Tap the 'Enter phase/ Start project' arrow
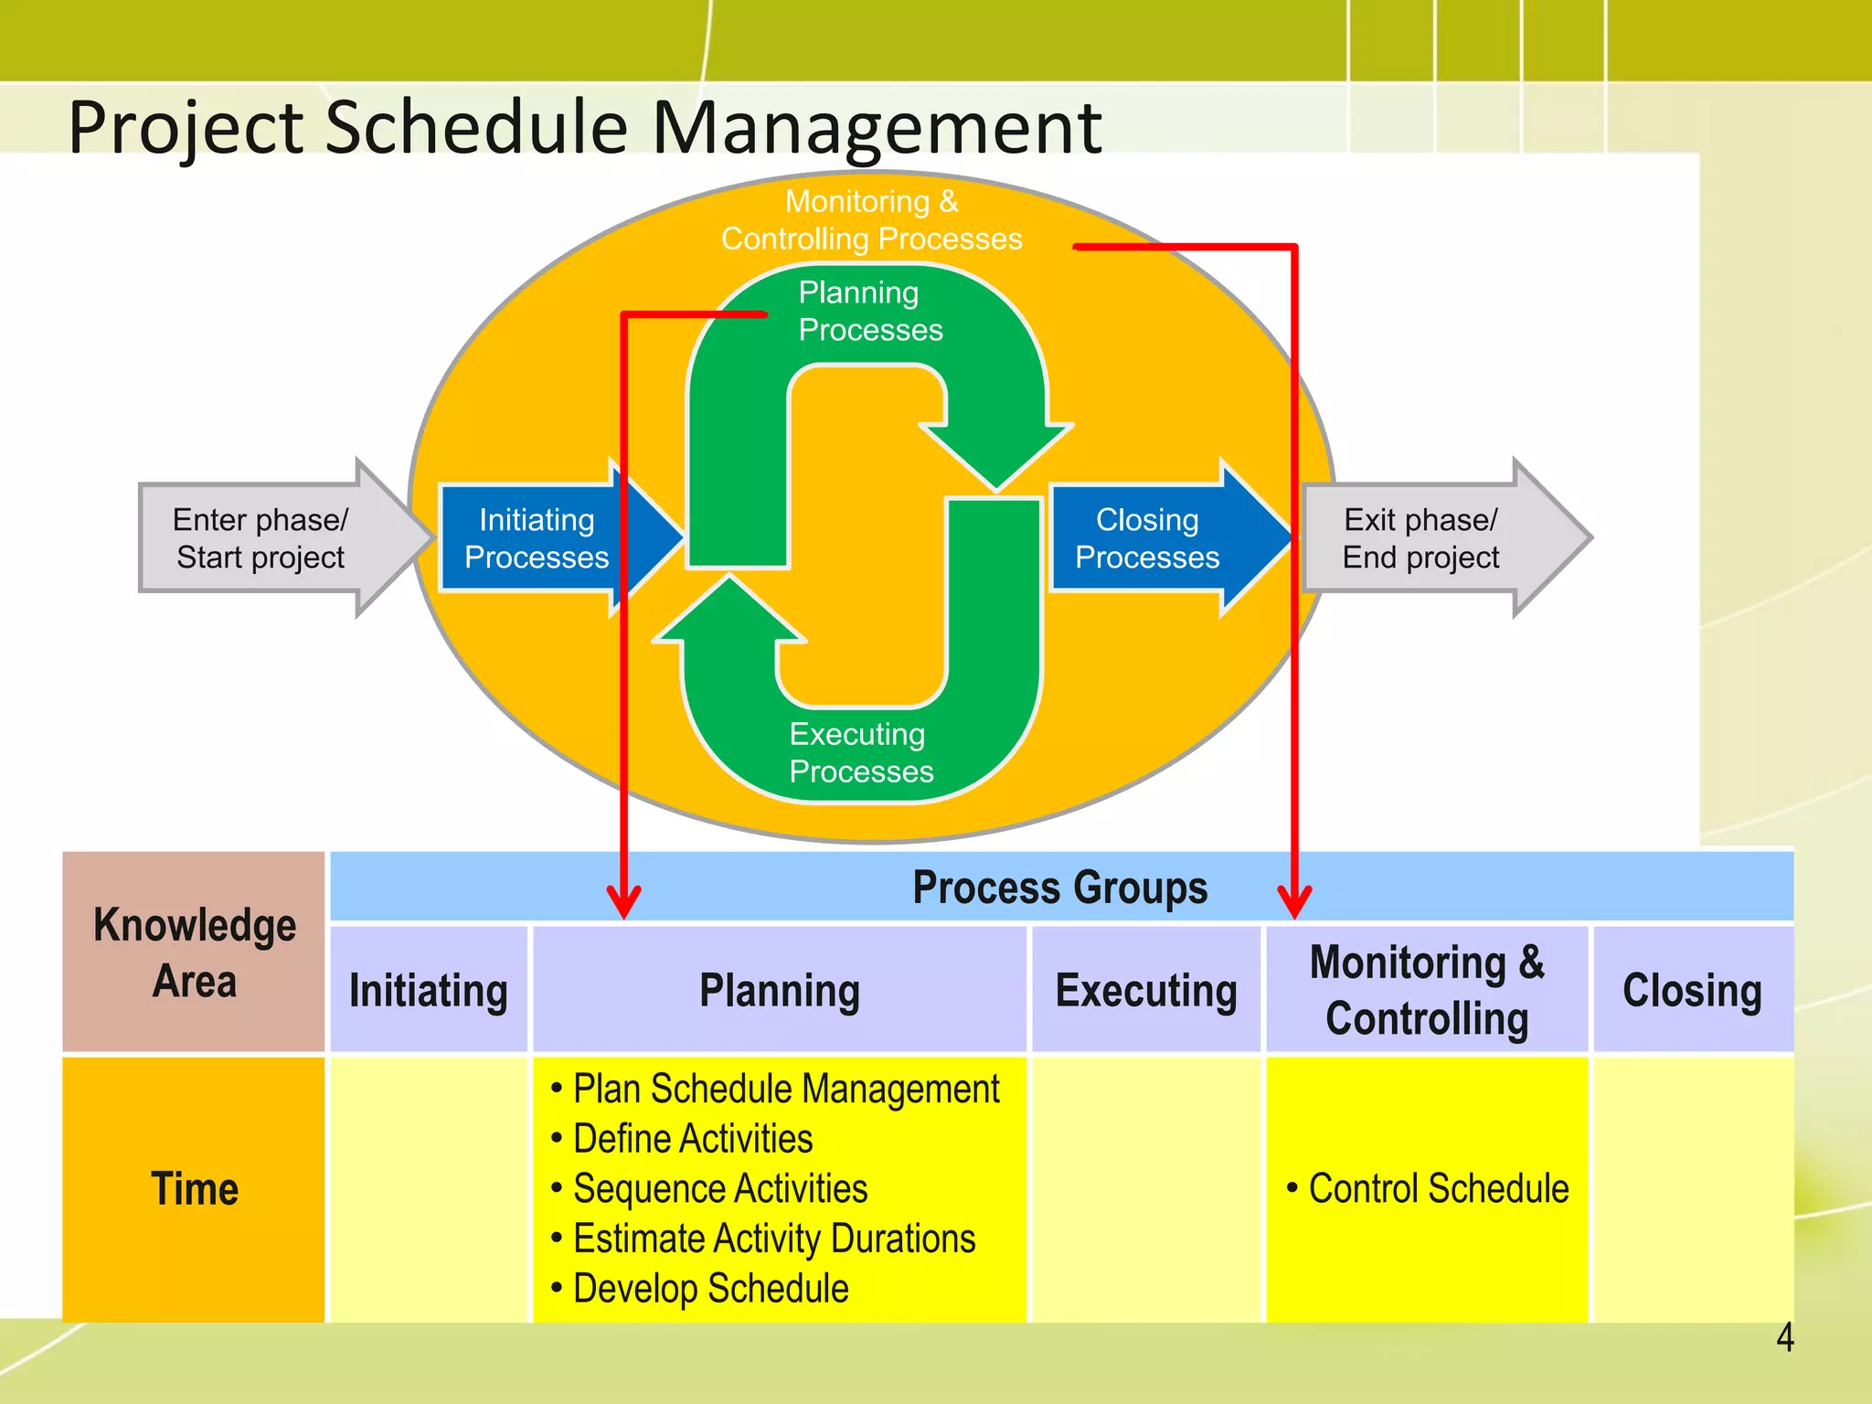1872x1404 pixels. click(261, 538)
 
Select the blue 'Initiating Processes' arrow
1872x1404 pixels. click(537, 538)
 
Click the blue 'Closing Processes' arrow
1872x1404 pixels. click(1147, 538)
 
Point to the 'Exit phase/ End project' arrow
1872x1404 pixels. click(1421, 538)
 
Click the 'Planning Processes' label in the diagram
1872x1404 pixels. click(869, 311)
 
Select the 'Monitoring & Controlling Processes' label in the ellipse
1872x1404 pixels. click(871, 219)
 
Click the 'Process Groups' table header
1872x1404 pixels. click(1060, 887)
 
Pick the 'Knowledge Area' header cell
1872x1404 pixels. click(194, 952)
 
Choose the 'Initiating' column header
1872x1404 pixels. click(429, 991)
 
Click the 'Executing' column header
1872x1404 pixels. click(1146, 991)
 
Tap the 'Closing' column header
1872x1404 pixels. click(1692, 991)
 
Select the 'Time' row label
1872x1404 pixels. click(194, 1189)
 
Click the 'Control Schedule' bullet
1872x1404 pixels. click(1438, 1189)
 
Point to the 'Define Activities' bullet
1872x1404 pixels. click(692, 1139)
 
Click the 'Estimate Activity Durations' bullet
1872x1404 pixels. click(773, 1239)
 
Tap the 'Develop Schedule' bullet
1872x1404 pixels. click(710, 1289)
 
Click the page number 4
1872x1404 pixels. click(1784, 1338)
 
